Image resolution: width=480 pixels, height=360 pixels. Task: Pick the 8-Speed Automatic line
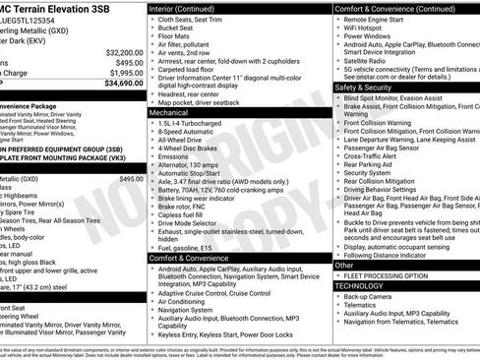click(x=186, y=131)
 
